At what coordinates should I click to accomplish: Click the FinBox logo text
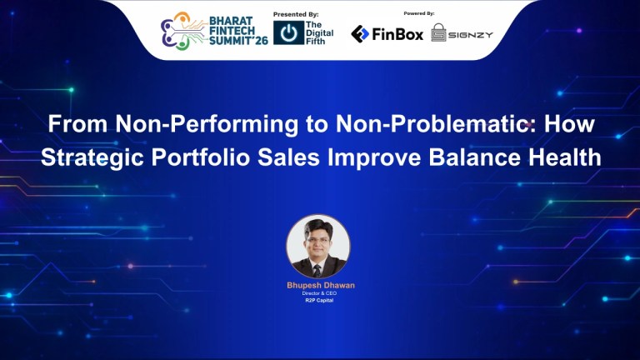pos(397,34)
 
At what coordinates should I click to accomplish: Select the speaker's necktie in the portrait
pos(318,267)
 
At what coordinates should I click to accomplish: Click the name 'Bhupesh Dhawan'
pos(320,285)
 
